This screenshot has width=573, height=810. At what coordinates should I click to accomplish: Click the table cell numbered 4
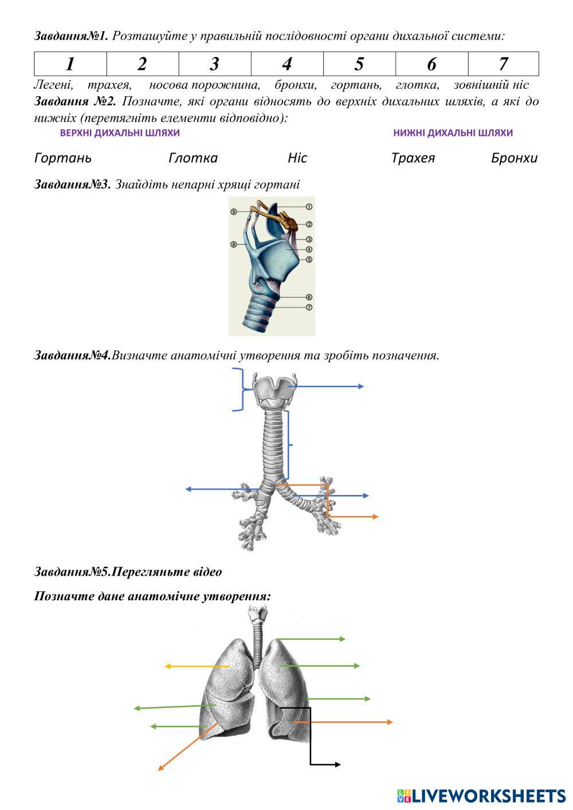[x=287, y=64]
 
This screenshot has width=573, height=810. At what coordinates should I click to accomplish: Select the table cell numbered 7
[x=503, y=64]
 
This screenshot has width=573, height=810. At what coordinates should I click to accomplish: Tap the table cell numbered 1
[x=70, y=64]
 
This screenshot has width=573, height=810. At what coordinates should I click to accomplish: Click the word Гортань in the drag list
[x=63, y=158]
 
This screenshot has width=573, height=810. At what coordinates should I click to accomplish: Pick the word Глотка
[x=193, y=158]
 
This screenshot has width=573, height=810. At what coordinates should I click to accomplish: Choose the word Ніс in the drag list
[x=297, y=158]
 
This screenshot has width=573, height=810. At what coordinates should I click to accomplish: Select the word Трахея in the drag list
[x=413, y=158]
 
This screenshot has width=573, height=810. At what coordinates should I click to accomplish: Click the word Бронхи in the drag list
[x=514, y=158]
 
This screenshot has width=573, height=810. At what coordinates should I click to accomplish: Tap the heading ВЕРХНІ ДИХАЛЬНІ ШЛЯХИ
[x=120, y=133]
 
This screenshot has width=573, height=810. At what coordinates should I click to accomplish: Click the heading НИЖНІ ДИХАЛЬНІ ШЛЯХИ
[x=453, y=133]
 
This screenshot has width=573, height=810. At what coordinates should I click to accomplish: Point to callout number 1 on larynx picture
[x=309, y=207]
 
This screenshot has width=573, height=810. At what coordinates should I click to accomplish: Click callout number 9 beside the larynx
[x=234, y=211]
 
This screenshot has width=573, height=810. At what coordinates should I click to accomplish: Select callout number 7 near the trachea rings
[x=309, y=308]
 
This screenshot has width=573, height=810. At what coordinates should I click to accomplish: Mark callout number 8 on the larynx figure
[x=234, y=245]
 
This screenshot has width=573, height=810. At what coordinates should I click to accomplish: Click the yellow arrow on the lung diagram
[x=197, y=666]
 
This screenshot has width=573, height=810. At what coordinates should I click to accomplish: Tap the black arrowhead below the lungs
[x=337, y=764]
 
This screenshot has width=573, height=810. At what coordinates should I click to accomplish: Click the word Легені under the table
[x=53, y=85]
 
